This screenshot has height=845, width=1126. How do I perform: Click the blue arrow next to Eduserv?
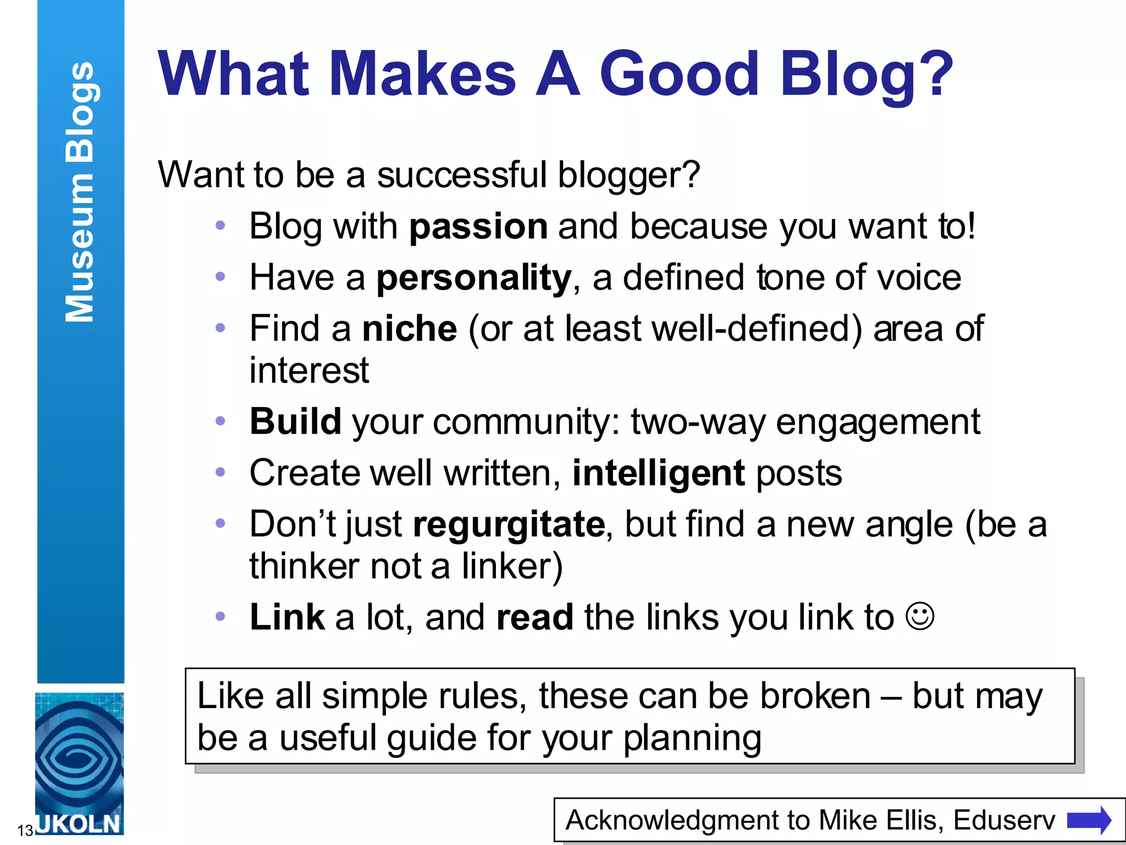(x=1089, y=820)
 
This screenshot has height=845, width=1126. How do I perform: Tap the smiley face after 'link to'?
(x=920, y=617)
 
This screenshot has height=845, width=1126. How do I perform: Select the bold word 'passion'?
(x=478, y=226)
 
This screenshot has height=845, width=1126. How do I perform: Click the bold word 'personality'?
(x=474, y=278)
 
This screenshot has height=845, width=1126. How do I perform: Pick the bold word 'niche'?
(x=410, y=329)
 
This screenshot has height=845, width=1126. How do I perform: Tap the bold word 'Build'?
(x=295, y=421)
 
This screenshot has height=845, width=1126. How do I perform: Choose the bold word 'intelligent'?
(x=659, y=473)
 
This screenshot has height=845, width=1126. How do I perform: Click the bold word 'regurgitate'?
(x=509, y=524)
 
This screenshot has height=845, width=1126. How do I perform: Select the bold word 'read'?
(x=535, y=617)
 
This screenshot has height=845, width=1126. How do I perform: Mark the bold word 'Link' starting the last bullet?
(x=287, y=617)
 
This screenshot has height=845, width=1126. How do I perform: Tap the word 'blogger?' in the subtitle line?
(x=629, y=175)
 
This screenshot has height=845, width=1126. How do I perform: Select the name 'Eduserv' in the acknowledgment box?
(x=1004, y=820)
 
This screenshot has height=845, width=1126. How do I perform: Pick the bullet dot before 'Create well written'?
(x=220, y=472)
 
